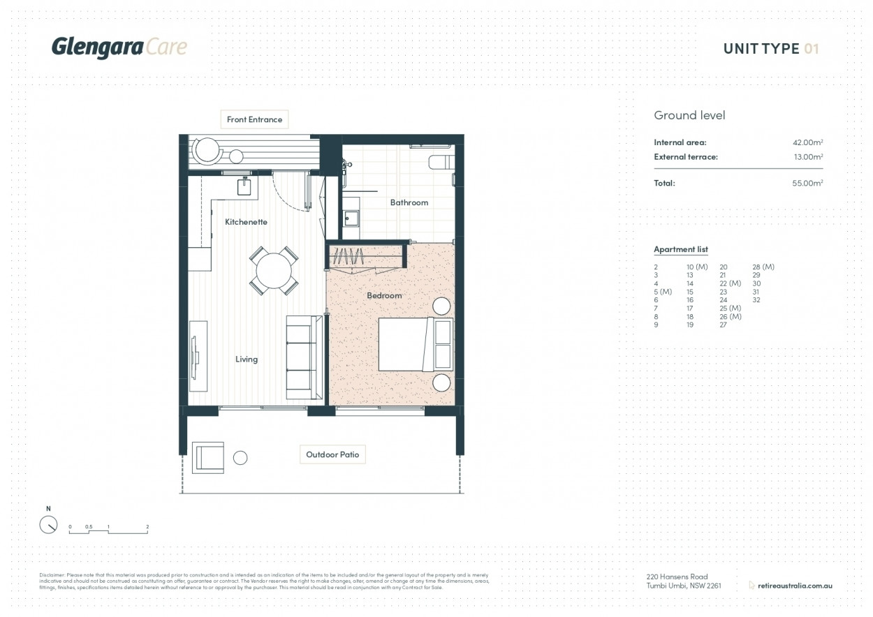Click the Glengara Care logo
pyautogui.click(x=119, y=47)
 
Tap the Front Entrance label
pyautogui.click(x=254, y=119)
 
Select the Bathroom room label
pyautogui.click(x=409, y=202)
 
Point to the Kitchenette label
pyautogui.click(x=246, y=222)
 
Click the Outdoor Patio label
pyautogui.click(x=332, y=454)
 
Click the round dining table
pyautogui.click(x=274, y=272)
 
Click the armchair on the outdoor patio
pyautogui.click(x=208, y=457)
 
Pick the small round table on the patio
pyautogui.click(x=240, y=458)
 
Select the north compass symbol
pyautogui.click(x=48, y=525)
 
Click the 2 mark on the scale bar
pyautogui.click(x=147, y=527)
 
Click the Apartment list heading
pyautogui.click(x=680, y=249)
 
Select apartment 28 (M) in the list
pyautogui.click(x=763, y=267)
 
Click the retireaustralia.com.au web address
pyautogui.click(x=795, y=586)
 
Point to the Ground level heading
pyautogui.click(x=689, y=115)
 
